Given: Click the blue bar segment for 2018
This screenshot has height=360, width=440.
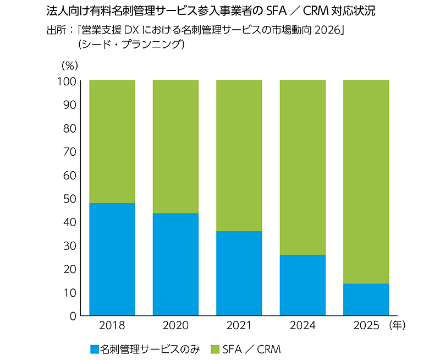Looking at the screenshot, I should (x=112, y=259).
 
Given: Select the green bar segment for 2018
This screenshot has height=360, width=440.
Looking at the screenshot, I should (x=112, y=141).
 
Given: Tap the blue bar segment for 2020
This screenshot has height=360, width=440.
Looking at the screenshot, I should (x=175, y=264).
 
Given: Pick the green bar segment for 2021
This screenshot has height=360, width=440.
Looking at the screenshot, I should (x=239, y=156).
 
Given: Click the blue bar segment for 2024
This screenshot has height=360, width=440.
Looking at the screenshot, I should (x=302, y=285).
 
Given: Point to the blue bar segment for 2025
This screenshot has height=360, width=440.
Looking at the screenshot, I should (x=366, y=299).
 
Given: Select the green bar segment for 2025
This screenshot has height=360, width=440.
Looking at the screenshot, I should (x=366, y=182).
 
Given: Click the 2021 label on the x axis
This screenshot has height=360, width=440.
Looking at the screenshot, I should (x=239, y=326).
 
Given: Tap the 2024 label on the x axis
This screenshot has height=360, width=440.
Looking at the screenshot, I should (x=302, y=326).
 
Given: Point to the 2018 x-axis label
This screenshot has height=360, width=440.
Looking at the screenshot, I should (x=112, y=326).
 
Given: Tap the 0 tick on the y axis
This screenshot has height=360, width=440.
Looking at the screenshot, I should (x=72, y=316).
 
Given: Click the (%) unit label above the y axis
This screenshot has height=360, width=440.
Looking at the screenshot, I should (x=70, y=65).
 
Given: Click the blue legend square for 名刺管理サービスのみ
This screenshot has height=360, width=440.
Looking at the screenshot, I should (x=94, y=349).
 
